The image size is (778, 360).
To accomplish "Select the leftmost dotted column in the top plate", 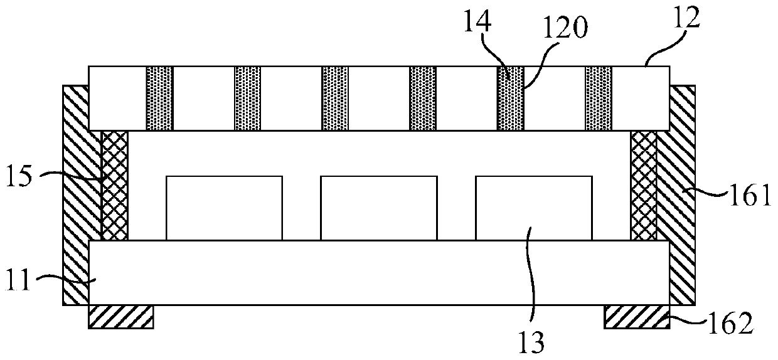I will [x=159, y=98].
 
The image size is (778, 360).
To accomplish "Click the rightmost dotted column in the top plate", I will [x=599, y=98].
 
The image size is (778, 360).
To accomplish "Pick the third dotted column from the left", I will [x=335, y=98].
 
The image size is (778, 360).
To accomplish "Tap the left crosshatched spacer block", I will [x=114, y=186].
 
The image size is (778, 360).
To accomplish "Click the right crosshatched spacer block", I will [x=644, y=186].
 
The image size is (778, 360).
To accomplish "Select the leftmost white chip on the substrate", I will [x=224, y=208].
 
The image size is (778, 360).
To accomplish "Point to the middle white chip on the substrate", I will [x=378, y=208].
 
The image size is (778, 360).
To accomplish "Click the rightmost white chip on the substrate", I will [x=533, y=208].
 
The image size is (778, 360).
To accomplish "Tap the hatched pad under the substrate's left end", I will [x=120, y=317].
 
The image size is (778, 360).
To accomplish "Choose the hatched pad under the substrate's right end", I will [x=636, y=317].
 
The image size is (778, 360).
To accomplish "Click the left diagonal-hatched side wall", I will [x=76, y=207].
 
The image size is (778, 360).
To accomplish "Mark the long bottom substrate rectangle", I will [x=379, y=272].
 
